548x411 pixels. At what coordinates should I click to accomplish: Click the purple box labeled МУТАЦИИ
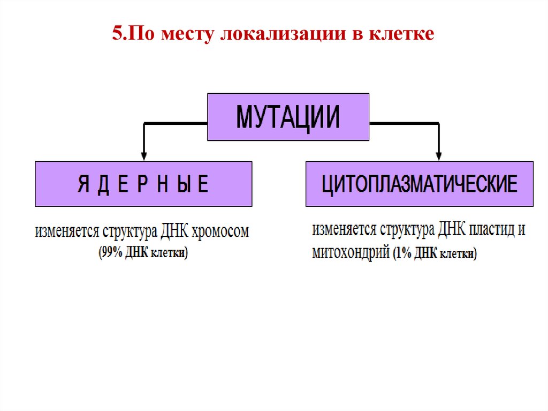coord(288,117)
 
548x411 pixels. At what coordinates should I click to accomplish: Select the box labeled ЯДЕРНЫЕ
coord(143,184)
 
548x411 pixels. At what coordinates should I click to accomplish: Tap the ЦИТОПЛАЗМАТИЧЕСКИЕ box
coord(419,184)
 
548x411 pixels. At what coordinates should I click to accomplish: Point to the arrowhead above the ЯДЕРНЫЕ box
coord(143,156)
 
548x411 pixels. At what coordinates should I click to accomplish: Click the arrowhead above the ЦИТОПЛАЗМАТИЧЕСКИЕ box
coord(438,156)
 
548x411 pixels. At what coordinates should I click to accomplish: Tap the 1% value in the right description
coord(403,253)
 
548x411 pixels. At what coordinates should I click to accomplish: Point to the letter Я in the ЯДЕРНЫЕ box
coord(83,184)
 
